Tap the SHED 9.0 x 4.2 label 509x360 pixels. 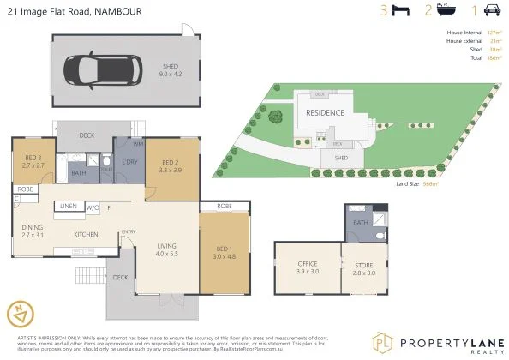[x=171, y=67]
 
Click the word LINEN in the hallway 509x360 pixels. [x=69, y=207]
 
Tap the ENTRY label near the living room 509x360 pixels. [x=129, y=231]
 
